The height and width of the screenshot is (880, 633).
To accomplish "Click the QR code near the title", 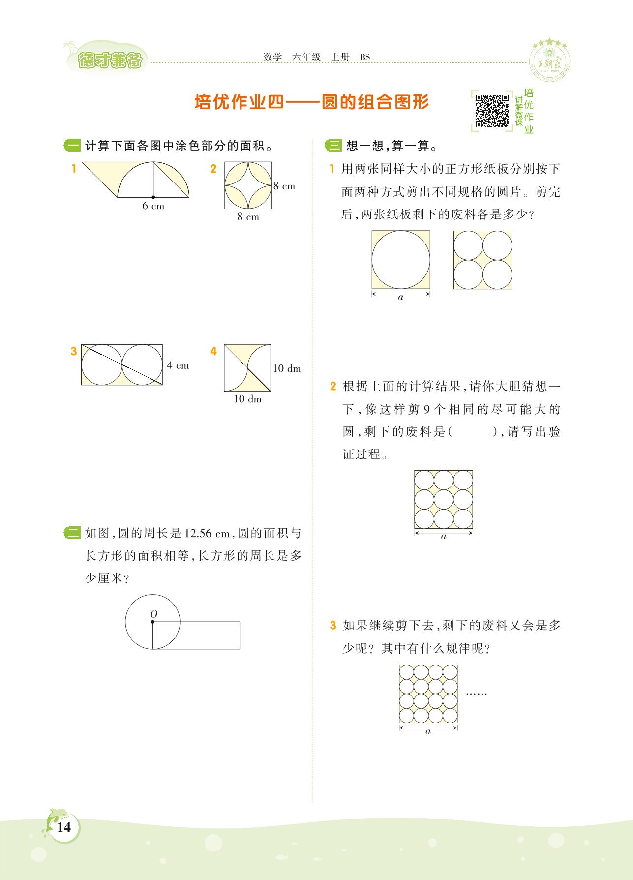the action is tap(492, 111).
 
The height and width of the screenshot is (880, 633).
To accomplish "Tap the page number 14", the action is tap(64, 827).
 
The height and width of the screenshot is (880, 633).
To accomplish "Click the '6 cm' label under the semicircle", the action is tap(153, 206).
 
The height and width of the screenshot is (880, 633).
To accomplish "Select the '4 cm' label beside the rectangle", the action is tap(178, 365).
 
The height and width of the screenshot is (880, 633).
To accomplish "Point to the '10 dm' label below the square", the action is tap(247, 399).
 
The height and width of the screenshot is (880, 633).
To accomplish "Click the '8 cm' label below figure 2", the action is tap(248, 217).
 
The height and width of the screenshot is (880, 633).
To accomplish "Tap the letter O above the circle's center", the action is tap(153, 614).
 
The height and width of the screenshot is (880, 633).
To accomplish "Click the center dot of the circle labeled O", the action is tap(152, 622).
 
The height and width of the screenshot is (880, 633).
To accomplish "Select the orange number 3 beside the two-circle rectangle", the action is tap(74, 351).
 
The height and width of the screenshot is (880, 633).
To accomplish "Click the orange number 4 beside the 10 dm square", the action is tap(213, 351).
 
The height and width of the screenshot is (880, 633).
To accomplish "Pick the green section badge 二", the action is tap(72, 533).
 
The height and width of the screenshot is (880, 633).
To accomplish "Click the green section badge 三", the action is tap(333, 146).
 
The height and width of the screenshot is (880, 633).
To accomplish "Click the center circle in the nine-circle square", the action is tap(444, 499).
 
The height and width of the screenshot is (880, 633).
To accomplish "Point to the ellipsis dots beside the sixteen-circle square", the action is tap(476, 694).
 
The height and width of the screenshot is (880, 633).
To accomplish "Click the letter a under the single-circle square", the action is tap(400, 298).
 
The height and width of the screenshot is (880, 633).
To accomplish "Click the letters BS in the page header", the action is tap(365, 57).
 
